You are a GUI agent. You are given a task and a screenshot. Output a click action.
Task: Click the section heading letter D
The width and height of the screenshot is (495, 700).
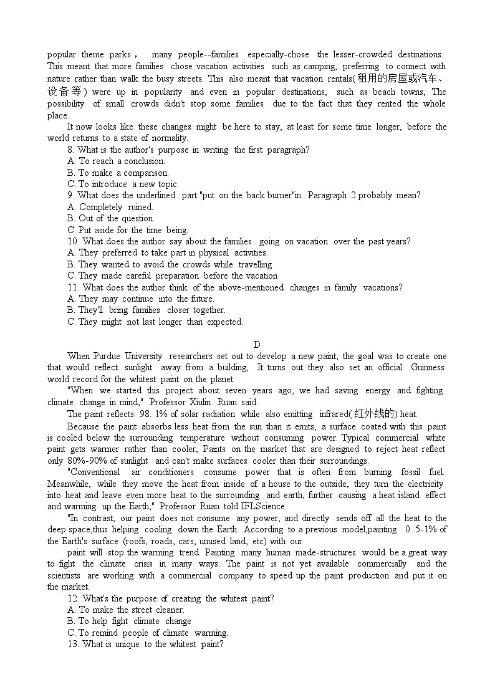(x=257, y=345)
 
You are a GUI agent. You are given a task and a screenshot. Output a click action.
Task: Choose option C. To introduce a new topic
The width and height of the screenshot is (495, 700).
(x=122, y=184)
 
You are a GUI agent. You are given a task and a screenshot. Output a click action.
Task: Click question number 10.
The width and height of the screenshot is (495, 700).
(x=74, y=241)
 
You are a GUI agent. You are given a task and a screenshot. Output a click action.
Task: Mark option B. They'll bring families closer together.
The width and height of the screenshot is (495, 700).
(x=147, y=310)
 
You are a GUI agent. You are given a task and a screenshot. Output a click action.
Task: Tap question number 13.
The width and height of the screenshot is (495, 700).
(x=74, y=644)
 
